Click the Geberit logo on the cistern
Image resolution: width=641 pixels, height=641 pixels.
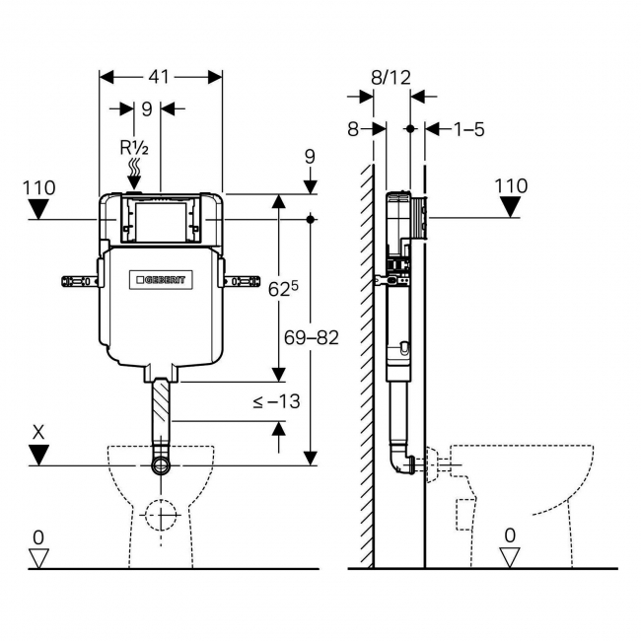pyautogui.click(x=164, y=280)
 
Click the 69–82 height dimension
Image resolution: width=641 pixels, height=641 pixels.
pyautogui.click(x=312, y=337)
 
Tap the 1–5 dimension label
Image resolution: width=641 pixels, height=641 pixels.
pyautogui.click(x=468, y=129)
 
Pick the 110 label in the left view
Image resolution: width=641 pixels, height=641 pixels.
pyautogui.click(x=39, y=186)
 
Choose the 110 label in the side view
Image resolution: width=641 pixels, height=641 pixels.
pyautogui.click(x=510, y=185)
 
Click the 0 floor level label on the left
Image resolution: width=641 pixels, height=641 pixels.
pyautogui.click(x=38, y=536)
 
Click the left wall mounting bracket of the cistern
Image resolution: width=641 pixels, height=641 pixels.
pyautogui.click(x=79, y=280)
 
